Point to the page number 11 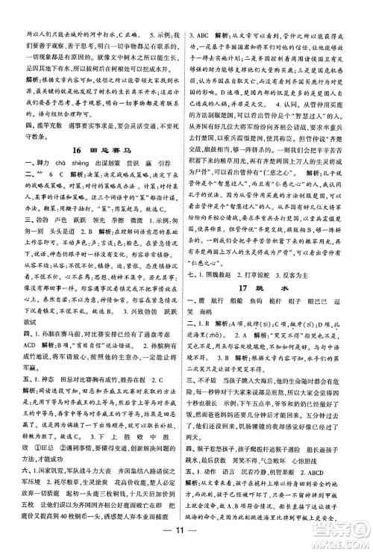(186, 535)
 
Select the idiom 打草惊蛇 (275, 272)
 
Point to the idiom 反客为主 (324, 272)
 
